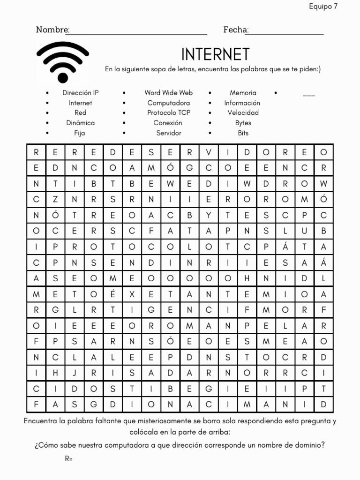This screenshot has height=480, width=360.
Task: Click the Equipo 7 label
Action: coord(323,6)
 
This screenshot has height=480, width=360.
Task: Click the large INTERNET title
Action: coord(215,54)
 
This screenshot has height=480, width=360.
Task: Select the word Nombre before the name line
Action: coord(52,30)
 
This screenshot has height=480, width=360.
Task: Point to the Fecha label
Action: coord(235,30)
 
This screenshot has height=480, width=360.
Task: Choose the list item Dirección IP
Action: coord(81,93)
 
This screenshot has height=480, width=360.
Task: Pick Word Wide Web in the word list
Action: coord(168,93)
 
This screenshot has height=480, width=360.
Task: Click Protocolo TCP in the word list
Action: coord(169,112)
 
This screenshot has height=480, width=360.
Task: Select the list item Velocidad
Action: coord(243,112)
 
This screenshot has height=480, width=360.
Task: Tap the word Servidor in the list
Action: coord(169,133)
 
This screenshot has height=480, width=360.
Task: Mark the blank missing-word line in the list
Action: coord(309,94)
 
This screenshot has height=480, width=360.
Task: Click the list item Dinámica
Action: coord(81,123)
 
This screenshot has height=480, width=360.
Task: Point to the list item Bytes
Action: coord(243,123)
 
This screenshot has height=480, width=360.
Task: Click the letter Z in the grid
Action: coord(55,200)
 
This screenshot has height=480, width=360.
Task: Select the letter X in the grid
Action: coord(132,294)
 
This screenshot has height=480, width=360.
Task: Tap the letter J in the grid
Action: coord(75,373)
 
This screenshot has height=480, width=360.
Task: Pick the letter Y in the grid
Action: coord(209,215)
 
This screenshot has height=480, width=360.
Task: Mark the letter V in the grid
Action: coord(209,152)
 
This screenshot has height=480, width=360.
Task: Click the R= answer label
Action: coord(68,458)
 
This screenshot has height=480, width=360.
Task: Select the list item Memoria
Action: coord(243,93)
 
